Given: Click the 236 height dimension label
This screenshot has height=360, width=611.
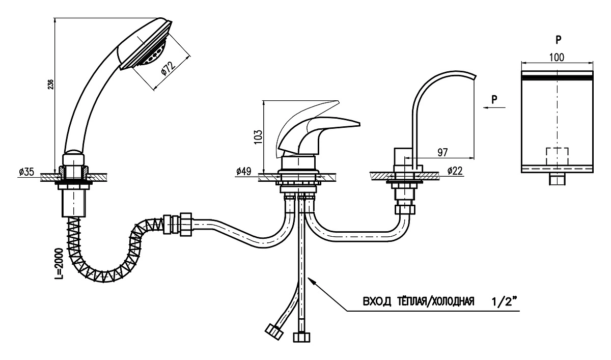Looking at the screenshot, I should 50,85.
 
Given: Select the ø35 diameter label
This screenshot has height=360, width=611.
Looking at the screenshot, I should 26,172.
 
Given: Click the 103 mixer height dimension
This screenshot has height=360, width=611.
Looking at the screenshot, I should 258,136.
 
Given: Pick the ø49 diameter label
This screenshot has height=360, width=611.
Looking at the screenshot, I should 245,172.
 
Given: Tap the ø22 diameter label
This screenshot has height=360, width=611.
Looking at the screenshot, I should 456,172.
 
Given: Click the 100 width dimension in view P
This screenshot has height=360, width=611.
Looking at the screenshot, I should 557,58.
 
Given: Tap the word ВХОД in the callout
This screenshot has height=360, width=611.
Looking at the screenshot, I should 374,302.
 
